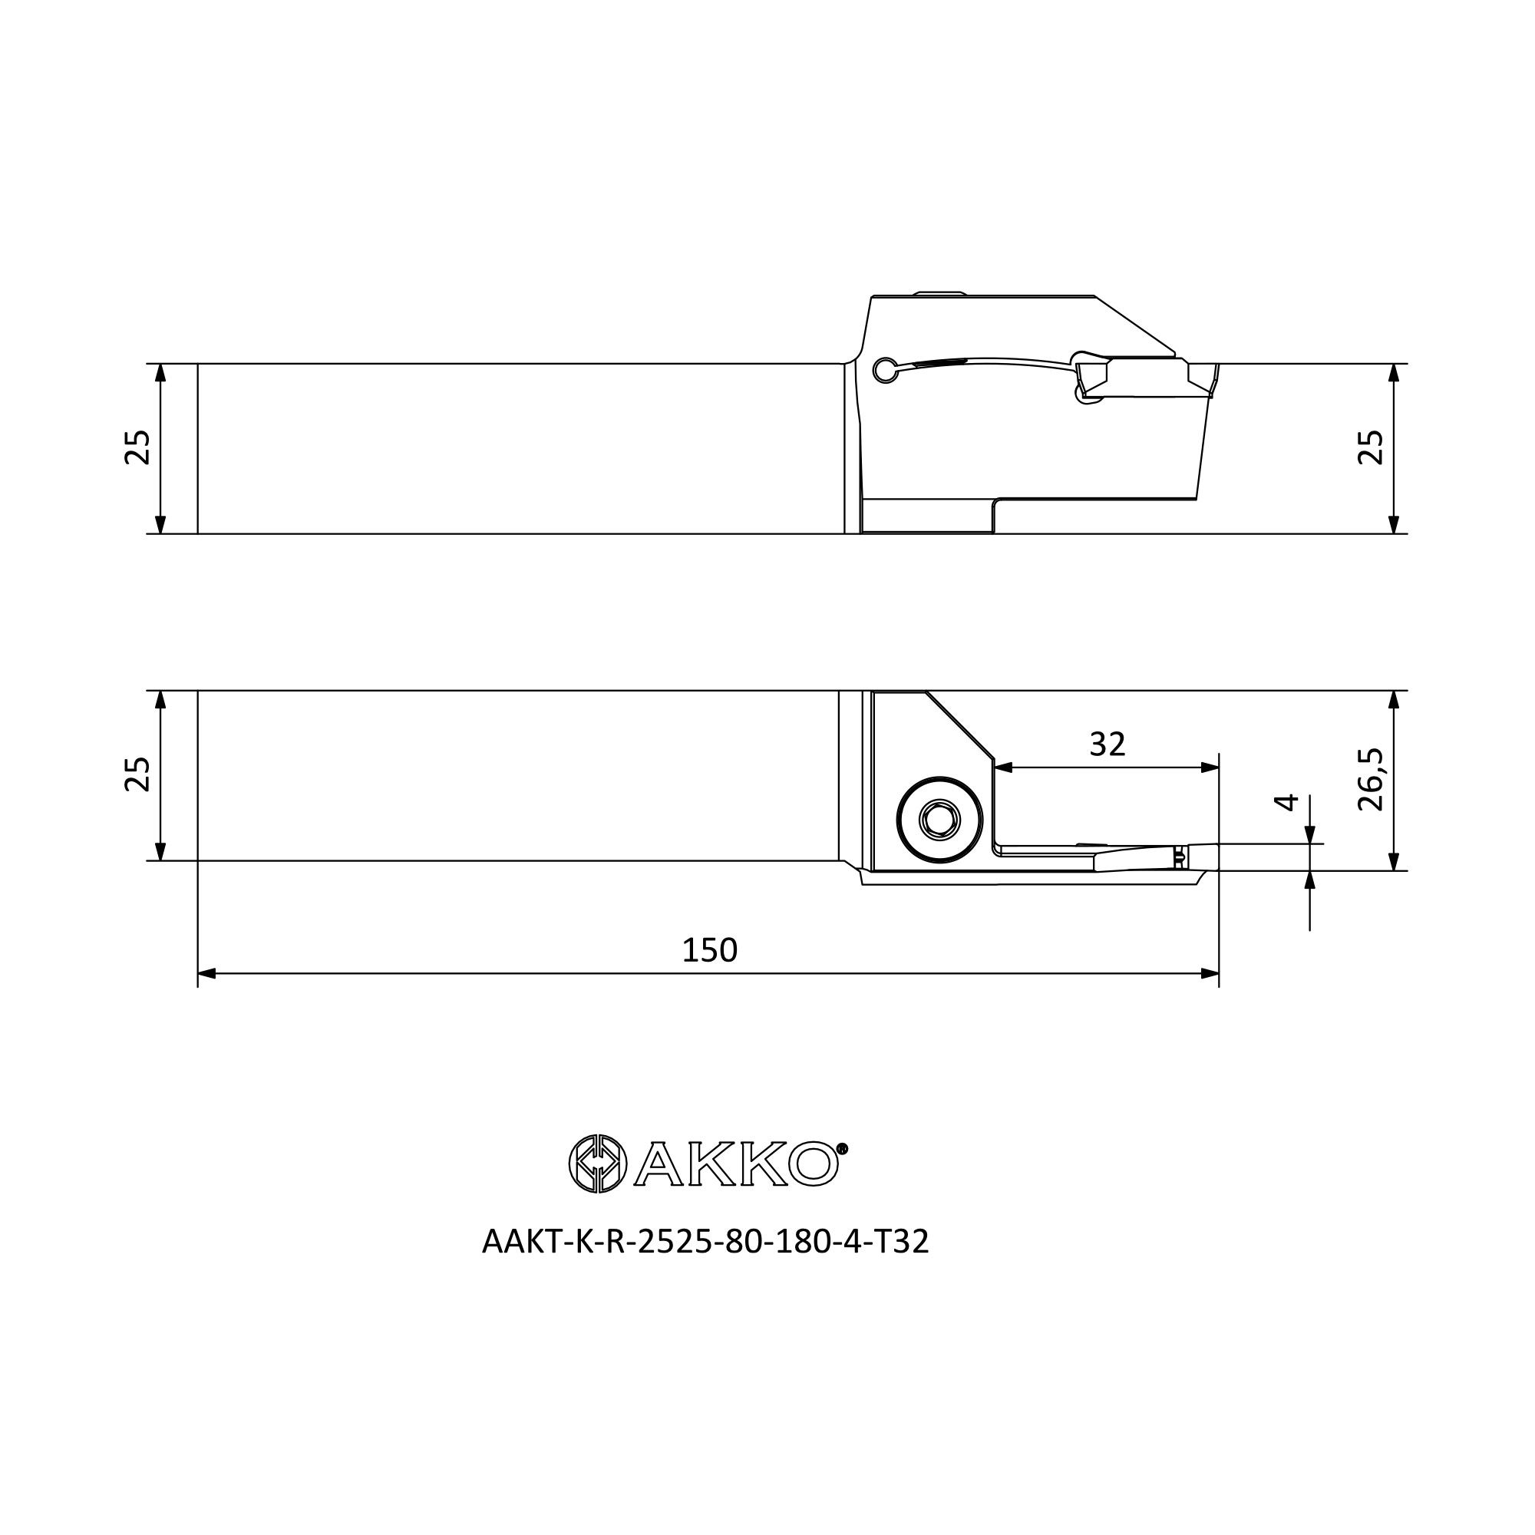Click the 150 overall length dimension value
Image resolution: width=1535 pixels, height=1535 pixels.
tap(709, 950)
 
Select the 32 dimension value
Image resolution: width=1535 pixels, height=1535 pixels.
tap(1107, 744)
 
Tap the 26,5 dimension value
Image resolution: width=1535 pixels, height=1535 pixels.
tap(1371, 780)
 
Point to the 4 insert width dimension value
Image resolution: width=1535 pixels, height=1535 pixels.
tap(1286, 802)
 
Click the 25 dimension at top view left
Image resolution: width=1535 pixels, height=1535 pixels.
tap(137, 447)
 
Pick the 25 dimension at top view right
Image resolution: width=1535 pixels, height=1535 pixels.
tap(1371, 447)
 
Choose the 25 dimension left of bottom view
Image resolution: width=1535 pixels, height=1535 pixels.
tap(137, 774)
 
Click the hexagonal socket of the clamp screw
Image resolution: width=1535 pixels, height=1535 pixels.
tap(939, 819)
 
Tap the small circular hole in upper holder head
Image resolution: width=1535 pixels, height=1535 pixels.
tap(884, 369)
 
